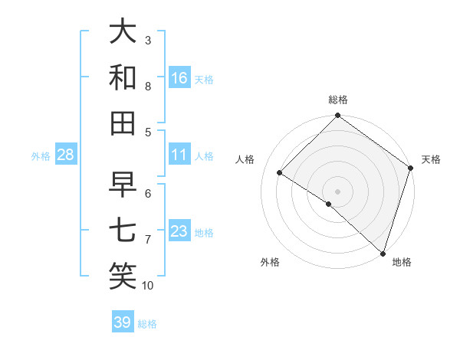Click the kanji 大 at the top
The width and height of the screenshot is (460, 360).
pos(123,31)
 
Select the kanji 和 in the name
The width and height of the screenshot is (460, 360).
pos(123,77)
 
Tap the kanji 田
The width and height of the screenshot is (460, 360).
pos(123,123)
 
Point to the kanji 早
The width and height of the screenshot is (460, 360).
pos(123,184)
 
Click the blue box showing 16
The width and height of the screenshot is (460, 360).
pos(179,77)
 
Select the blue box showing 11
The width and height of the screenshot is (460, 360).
pos(179,155)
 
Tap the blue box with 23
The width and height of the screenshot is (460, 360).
pos(179,231)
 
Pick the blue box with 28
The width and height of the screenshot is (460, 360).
pos(66,155)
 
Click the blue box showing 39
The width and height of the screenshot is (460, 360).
pos(122,322)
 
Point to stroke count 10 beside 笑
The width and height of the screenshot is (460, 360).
pos(148,286)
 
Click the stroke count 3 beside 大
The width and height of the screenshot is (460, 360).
pos(148,40)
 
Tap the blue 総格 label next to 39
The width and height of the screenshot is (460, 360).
pos(147,324)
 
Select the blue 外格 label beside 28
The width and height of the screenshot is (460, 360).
pos(41,156)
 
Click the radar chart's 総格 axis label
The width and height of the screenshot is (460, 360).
pos(338,100)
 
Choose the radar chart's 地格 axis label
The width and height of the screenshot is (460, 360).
pos(402,262)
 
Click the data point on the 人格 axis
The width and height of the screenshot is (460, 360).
pos(280,173)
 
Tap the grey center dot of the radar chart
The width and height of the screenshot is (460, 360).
pos(337,191)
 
